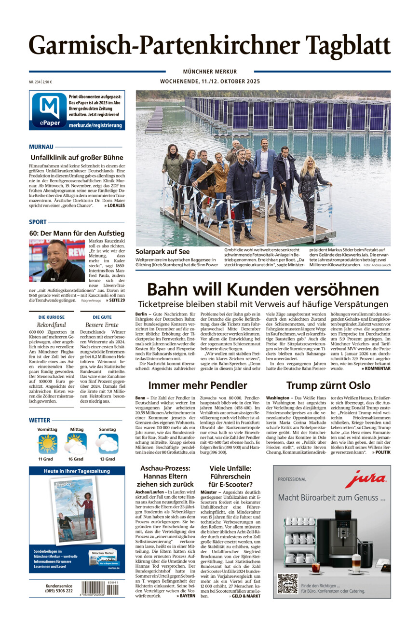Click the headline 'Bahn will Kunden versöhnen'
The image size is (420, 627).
point(263,289)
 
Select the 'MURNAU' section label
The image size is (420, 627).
point(41,146)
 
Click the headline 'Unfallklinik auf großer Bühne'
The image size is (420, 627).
point(77,157)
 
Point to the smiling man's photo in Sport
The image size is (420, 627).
point(57,260)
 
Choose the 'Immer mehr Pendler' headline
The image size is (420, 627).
point(197,385)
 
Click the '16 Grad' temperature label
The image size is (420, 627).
point(77,459)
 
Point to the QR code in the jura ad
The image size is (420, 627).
point(287,583)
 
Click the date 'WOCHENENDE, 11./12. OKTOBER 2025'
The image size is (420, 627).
point(210,82)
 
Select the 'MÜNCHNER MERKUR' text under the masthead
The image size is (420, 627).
point(210,71)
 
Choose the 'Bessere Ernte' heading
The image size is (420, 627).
point(102,325)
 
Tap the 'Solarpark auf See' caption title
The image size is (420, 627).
point(163,251)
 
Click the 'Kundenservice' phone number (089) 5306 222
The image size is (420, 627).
point(59,591)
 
